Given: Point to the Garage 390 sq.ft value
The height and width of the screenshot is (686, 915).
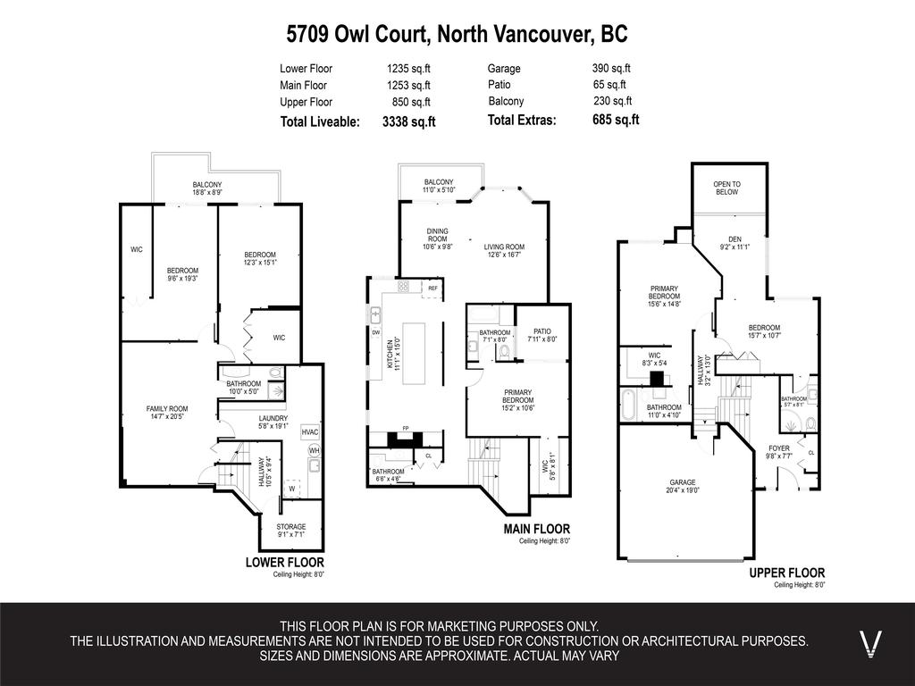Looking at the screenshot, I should [x=611, y=68].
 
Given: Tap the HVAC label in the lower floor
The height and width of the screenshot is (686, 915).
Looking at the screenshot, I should [x=310, y=431].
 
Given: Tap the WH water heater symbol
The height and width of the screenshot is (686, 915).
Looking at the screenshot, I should [x=314, y=451].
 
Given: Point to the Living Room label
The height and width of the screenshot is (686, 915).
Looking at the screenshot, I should [x=504, y=247].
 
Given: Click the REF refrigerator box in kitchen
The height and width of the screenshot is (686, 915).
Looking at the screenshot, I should [x=432, y=289].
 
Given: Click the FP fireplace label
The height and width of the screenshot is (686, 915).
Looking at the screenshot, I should [x=406, y=429].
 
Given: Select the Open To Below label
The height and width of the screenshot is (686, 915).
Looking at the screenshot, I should [x=726, y=188].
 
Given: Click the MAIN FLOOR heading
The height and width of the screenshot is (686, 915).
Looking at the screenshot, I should [x=536, y=530].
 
